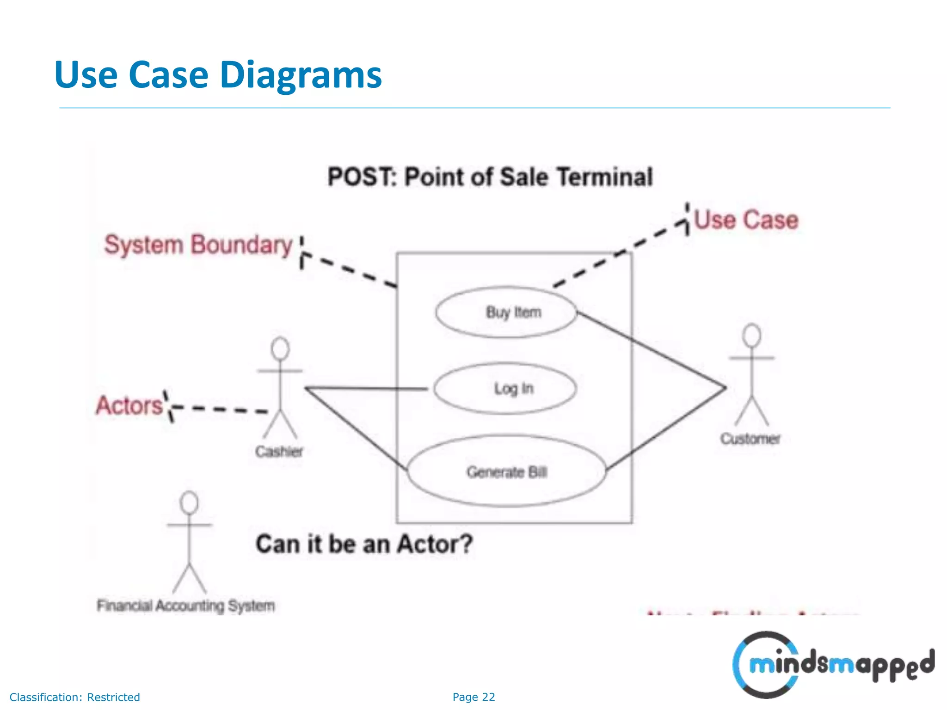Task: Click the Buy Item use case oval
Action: (x=506, y=312)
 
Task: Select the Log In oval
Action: (x=505, y=388)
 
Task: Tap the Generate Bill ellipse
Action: (x=506, y=471)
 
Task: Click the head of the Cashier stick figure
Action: (x=280, y=349)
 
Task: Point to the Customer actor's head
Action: (x=751, y=335)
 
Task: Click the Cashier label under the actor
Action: (x=279, y=451)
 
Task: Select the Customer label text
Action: (x=750, y=438)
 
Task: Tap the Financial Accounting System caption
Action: (x=185, y=605)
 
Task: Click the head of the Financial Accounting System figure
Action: (x=189, y=502)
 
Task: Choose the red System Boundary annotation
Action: (x=198, y=245)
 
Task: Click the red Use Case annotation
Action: (x=746, y=220)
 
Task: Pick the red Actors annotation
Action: (x=129, y=405)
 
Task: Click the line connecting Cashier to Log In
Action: (x=365, y=388)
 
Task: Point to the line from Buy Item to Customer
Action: (x=652, y=350)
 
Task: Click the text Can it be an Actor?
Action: (x=364, y=544)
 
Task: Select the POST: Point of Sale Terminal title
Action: (x=490, y=177)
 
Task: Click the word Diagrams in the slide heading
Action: (x=301, y=75)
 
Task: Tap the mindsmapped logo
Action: (x=832, y=664)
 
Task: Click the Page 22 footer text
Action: (x=473, y=697)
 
